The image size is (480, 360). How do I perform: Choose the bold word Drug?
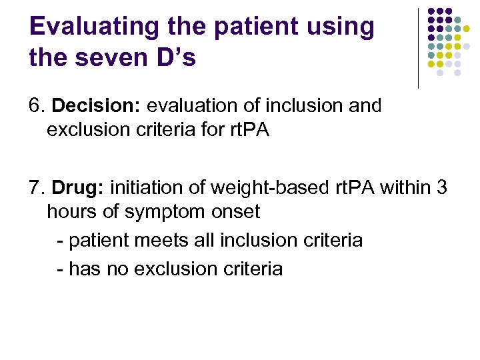pyautogui.click(x=74, y=189)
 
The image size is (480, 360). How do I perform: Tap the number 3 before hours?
pyautogui.click(x=441, y=189)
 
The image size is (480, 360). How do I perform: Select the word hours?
pyautogui.click(x=70, y=213)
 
